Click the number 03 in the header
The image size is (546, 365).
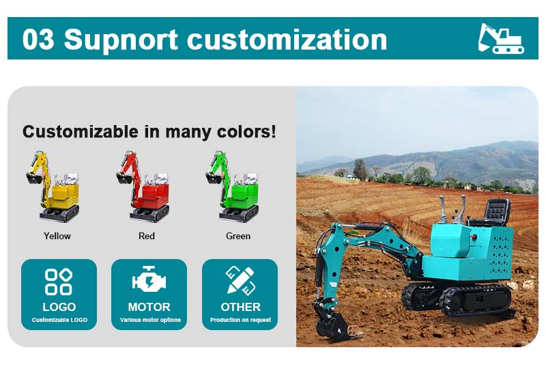(38, 39)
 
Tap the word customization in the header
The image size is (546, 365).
(287, 39)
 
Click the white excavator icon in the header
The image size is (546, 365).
(501, 38)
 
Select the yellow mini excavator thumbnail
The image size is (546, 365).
(53, 187)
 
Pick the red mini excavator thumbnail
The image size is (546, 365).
(143, 187)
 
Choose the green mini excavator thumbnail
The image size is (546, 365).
(233, 187)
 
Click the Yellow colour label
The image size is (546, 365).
(57, 236)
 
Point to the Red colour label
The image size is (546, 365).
(147, 236)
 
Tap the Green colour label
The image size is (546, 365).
(238, 236)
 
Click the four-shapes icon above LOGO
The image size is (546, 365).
(59, 282)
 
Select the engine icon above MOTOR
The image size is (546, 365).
(149, 279)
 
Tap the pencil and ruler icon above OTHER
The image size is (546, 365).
(240, 280)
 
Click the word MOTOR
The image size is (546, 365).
(149, 307)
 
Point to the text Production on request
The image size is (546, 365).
(241, 320)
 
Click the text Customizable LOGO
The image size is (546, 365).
(59, 320)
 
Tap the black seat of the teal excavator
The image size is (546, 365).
(495, 212)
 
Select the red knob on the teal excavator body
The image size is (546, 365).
(473, 237)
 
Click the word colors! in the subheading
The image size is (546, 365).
(246, 132)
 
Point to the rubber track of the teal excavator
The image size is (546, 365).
(474, 300)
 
